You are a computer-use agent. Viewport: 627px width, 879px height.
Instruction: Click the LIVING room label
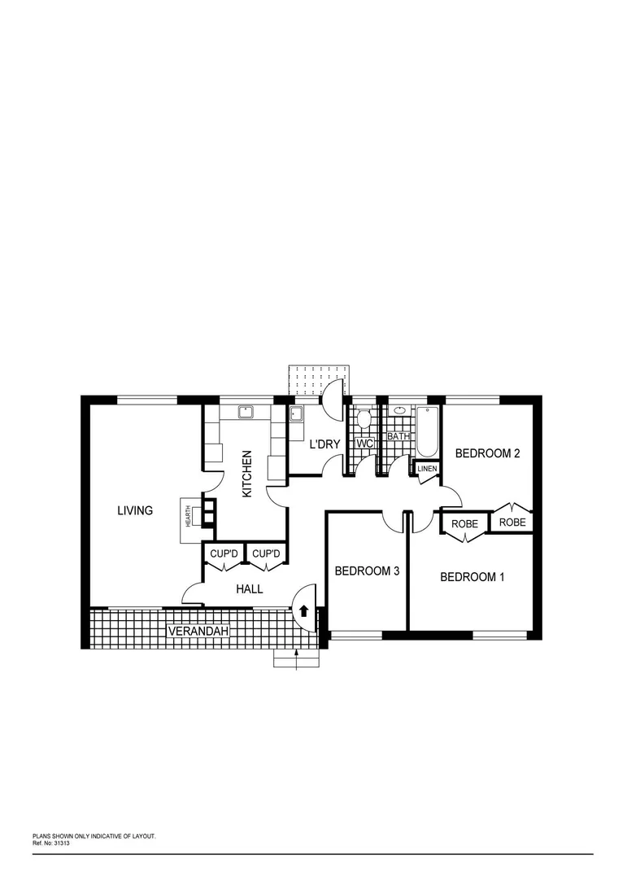pos(135,511)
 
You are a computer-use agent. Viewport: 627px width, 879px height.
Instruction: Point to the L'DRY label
pos(324,444)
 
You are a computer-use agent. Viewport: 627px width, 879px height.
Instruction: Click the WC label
pos(364,444)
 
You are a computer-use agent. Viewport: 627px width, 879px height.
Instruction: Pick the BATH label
pos(398,436)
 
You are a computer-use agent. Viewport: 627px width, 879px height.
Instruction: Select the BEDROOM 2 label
pos(486,453)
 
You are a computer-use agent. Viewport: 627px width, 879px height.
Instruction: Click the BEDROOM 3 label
pos(367,571)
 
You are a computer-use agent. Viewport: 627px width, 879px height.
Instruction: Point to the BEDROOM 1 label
pos(472,577)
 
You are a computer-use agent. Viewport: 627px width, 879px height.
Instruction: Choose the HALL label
pos(249,588)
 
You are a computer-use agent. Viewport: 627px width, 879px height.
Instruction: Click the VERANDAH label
pos(198,631)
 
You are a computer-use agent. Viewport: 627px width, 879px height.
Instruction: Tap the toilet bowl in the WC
pos(364,420)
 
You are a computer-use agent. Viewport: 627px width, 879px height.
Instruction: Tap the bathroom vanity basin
pos(399,410)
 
